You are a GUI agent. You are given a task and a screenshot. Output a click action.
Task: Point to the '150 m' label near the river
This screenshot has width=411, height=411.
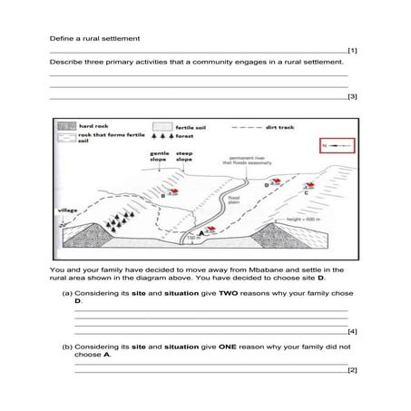coord(191,249)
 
